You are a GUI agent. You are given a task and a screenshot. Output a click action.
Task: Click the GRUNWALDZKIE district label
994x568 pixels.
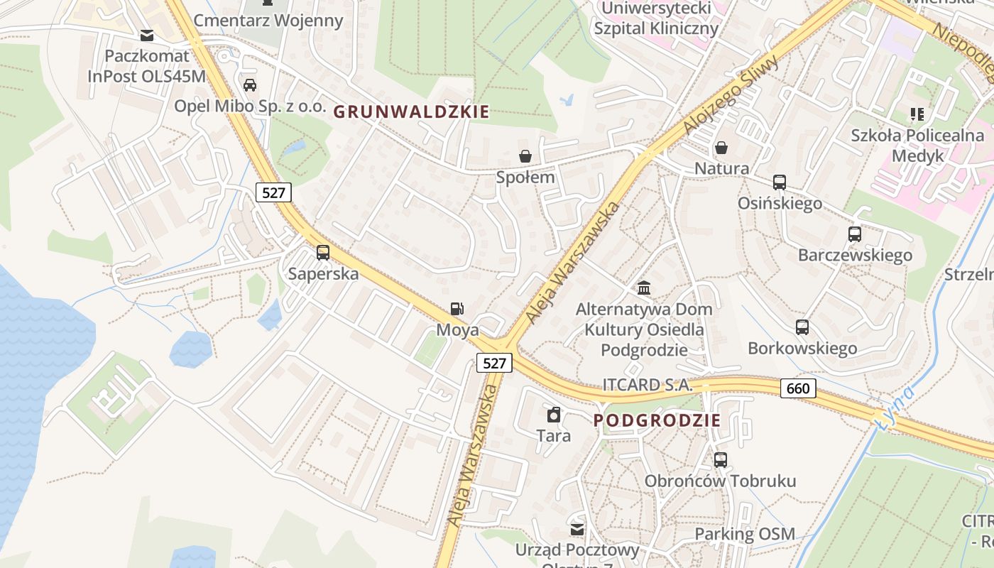pyautogui.click(x=411, y=111)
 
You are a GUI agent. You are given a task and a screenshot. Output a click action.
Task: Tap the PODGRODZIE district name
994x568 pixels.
pyautogui.click(x=657, y=420)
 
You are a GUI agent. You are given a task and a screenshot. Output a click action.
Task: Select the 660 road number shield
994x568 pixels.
pyautogui.click(x=798, y=388)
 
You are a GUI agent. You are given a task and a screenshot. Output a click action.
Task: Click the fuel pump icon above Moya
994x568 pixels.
pyautogui.click(x=458, y=309)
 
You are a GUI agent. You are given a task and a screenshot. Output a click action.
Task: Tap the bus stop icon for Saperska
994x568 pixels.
pyautogui.click(x=323, y=253)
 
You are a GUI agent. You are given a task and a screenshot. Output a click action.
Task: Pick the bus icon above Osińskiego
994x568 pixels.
pyautogui.click(x=780, y=182)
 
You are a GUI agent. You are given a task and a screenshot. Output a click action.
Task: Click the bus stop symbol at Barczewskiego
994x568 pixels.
pyautogui.click(x=855, y=234)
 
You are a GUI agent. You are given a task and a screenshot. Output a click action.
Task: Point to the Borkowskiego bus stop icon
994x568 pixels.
pyautogui.click(x=802, y=327)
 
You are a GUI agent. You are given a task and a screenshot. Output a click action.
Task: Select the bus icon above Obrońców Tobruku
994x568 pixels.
pyautogui.click(x=721, y=460)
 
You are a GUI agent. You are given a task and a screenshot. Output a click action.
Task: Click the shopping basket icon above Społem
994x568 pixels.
pyautogui.click(x=525, y=156)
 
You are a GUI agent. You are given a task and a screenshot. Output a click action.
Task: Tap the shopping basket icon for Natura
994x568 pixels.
pyautogui.click(x=721, y=148)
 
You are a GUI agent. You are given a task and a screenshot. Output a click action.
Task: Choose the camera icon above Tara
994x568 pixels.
pyautogui.click(x=554, y=415)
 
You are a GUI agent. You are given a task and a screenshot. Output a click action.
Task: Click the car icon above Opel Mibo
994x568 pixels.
pyautogui.click(x=250, y=85)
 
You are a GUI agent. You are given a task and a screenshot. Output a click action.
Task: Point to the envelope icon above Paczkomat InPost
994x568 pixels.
pyautogui.click(x=147, y=35)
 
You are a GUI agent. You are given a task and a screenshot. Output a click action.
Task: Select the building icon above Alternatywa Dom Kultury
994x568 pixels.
pyautogui.click(x=644, y=288)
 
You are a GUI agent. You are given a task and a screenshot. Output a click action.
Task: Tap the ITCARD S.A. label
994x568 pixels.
pyautogui.click(x=647, y=385)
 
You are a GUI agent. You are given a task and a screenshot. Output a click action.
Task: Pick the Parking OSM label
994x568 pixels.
pyautogui.click(x=745, y=534)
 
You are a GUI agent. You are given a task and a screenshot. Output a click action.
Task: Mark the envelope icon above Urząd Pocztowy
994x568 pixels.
pyautogui.click(x=577, y=529)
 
